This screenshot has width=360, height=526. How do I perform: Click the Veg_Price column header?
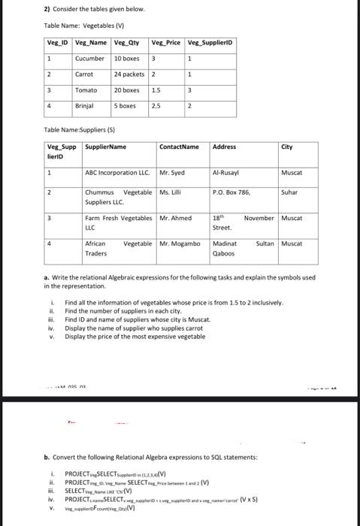(x=167, y=42)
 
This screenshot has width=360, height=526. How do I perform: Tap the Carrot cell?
(x=84, y=74)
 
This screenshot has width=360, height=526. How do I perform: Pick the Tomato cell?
(x=86, y=90)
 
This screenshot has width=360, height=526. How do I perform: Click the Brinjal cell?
(x=86, y=106)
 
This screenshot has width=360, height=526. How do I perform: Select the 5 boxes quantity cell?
(x=125, y=106)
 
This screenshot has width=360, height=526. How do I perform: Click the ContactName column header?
(x=180, y=147)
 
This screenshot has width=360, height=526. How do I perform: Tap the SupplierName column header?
(x=106, y=147)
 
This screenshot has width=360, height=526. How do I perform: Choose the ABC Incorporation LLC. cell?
(x=119, y=173)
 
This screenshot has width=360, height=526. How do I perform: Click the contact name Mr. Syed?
(x=172, y=173)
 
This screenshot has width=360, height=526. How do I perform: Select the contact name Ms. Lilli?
(x=171, y=193)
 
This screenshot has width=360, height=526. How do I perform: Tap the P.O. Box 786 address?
(x=231, y=193)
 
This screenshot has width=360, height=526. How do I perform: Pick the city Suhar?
(x=289, y=193)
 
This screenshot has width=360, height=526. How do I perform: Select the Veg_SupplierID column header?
(x=210, y=42)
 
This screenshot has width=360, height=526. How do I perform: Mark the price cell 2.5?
(x=156, y=106)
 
